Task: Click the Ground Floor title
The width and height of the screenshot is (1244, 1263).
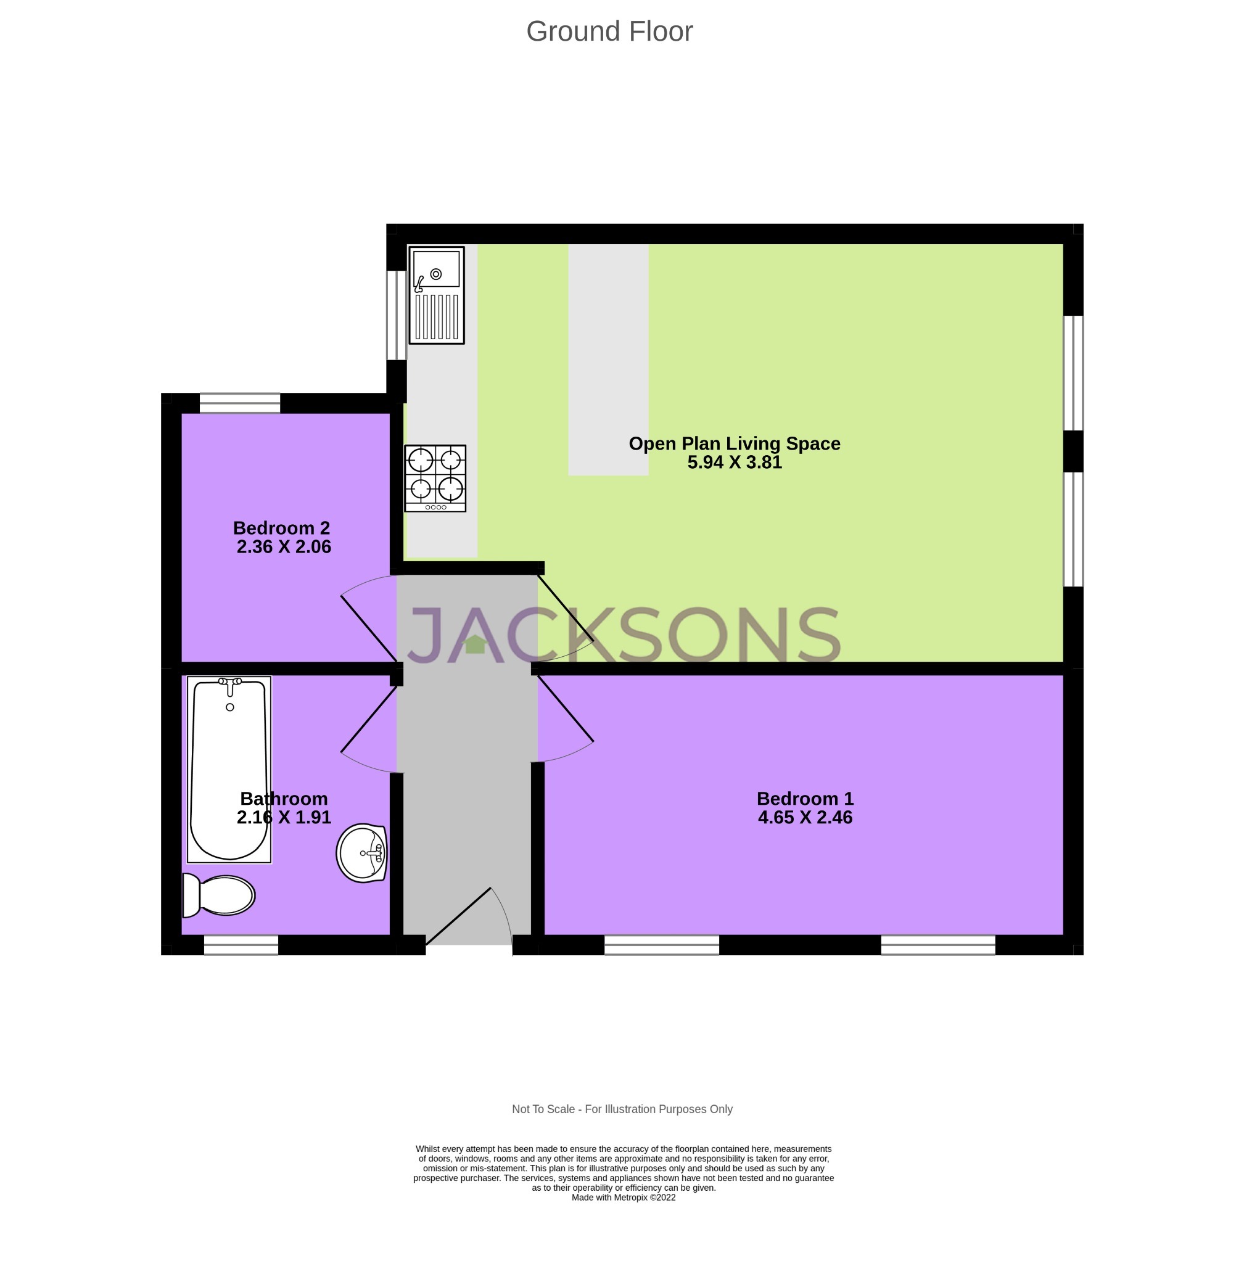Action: click(x=609, y=31)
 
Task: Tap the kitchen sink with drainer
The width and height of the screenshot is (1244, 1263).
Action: click(x=437, y=295)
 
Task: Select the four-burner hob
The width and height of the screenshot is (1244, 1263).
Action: click(x=435, y=479)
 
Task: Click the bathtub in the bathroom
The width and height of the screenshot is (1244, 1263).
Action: click(x=229, y=769)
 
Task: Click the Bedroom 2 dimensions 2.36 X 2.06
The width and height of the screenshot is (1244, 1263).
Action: click(x=284, y=547)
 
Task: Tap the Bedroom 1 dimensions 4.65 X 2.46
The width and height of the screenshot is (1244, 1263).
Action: click(x=805, y=817)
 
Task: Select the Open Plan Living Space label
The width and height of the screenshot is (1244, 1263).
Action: click(x=735, y=443)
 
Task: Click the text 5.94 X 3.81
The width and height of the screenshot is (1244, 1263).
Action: click(x=735, y=463)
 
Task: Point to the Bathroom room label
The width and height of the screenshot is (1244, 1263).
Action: click(x=284, y=799)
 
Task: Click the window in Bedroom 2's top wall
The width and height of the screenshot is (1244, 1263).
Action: click(x=240, y=403)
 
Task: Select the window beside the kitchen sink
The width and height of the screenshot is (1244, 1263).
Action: click(x=396, y=315)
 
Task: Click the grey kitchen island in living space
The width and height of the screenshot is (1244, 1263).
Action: click(x=608, y=360)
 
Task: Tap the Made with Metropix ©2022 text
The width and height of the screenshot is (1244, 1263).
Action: click(x=624, y=1197)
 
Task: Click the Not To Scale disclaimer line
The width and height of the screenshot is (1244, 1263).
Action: click(x=622, y=1109)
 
